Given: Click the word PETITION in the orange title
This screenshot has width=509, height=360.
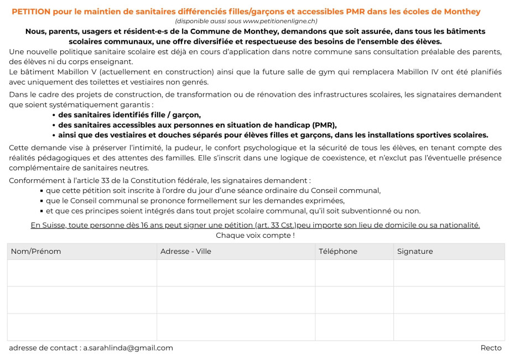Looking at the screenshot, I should click(x=32, y=12).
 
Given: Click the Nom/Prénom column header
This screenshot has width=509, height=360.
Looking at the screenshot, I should click(x=36, y=252).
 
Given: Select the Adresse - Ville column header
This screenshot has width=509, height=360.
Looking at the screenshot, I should click(x=185, y=252).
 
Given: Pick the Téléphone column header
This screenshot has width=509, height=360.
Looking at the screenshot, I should click(x=337, y=252).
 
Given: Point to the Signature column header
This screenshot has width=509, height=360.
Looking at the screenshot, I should click(x=415, y=252).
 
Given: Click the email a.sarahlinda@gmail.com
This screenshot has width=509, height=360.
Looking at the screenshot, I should click(x=128, y=348).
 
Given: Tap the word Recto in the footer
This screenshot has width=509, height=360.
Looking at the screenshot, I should click(x=491, y=348).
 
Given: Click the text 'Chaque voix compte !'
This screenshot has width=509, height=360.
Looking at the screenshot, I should click(x=255, y=235).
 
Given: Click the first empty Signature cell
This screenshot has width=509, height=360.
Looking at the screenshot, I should click(x=449, y=273).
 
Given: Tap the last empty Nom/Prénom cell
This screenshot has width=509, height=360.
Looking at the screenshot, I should click(x=82, y=327).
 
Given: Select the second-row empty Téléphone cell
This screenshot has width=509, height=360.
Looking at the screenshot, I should click(x=354, y=300).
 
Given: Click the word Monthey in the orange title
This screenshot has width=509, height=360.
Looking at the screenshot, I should click(x=461, y=12).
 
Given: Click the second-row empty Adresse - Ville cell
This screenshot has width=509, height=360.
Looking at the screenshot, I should click(x=236, y=300).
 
